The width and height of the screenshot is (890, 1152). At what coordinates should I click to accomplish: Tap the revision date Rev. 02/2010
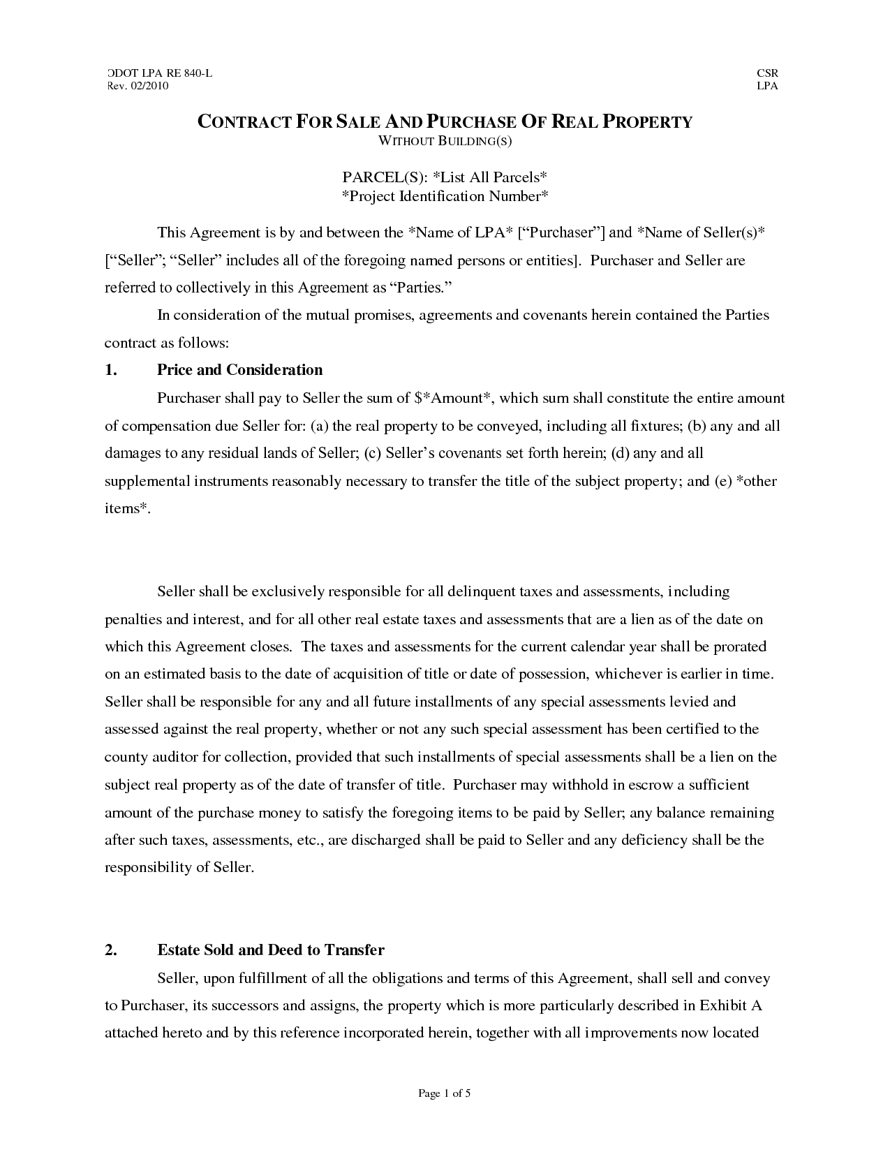tap(138, 86)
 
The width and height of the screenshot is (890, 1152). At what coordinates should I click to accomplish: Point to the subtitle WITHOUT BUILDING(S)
tap(445, 141)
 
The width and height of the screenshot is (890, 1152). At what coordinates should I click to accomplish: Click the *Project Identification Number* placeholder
tap(445, 195)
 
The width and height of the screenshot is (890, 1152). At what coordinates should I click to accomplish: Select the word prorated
tap(739, 647)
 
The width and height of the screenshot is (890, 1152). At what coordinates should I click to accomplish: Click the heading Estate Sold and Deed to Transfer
tap(271, 950)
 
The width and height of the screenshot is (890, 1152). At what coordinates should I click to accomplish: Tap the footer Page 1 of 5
tap(445, 1093)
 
